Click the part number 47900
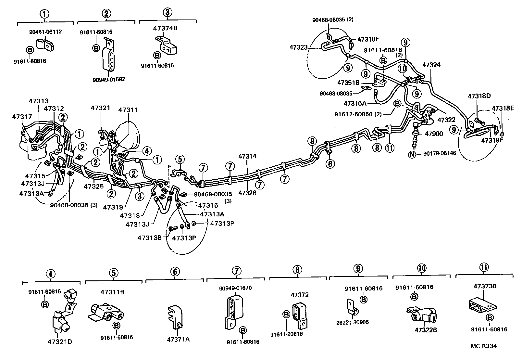[434, 134]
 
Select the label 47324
[431, 65]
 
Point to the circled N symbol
[412, 154]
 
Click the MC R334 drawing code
[484, 346]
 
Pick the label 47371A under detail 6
[178, 340]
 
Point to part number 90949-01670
[235, 288]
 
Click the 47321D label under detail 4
[60, 342]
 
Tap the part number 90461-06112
[45, 32]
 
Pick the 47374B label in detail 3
[165, 28]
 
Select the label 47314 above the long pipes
[247, 156]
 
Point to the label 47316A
[354, 104]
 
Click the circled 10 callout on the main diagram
[402, 69]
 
